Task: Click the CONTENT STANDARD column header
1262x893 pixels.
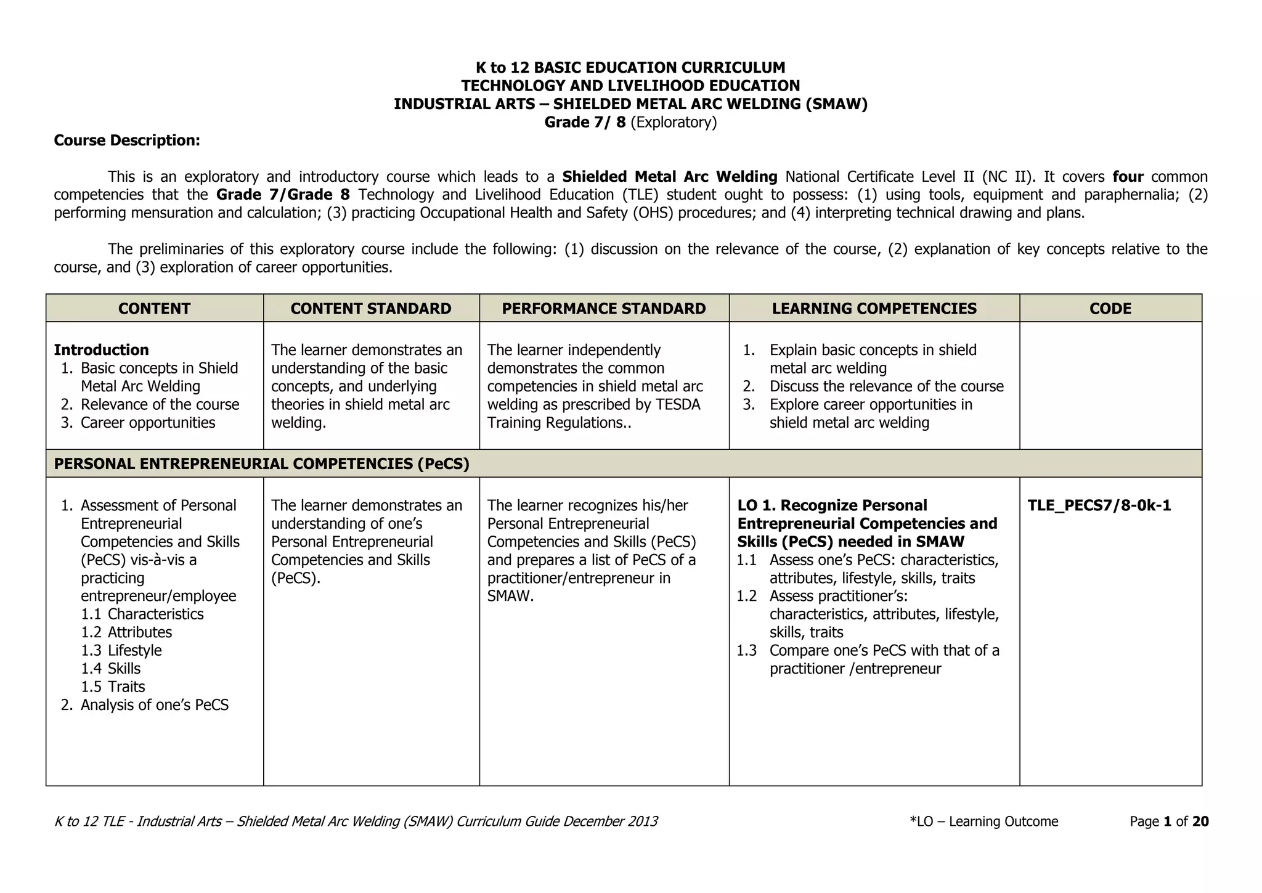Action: (x=370, y=309)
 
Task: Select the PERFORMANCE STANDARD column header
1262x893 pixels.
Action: (x=603, y=309)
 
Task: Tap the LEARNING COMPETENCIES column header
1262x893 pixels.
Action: (x=874, y=309)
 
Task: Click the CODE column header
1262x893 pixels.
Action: (x=1110, y=309)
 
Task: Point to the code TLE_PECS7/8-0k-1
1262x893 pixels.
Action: (x=1099, y=506)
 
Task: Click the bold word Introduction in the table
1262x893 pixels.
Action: (x=101, y=350)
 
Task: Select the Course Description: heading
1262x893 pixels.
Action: (x=127, y=141)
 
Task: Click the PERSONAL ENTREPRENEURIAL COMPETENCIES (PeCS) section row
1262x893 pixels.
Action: (x=261, y=464)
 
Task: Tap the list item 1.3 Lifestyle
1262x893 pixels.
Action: (x=121, y=651)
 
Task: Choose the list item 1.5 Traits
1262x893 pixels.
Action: (x=113, y=687)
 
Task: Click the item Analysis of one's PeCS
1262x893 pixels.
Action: (x=154, y=705)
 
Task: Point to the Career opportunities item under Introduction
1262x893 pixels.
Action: (x=147, y=423)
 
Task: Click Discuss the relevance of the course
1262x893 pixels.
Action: (x=886, y=386)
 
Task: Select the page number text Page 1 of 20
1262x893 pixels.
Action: (x=1169, y=822)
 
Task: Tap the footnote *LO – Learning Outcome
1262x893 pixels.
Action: (x=983, y=822)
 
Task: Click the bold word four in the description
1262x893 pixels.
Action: (x=1128, y=177)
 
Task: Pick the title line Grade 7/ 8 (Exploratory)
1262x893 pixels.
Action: (x=630, y=122)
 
